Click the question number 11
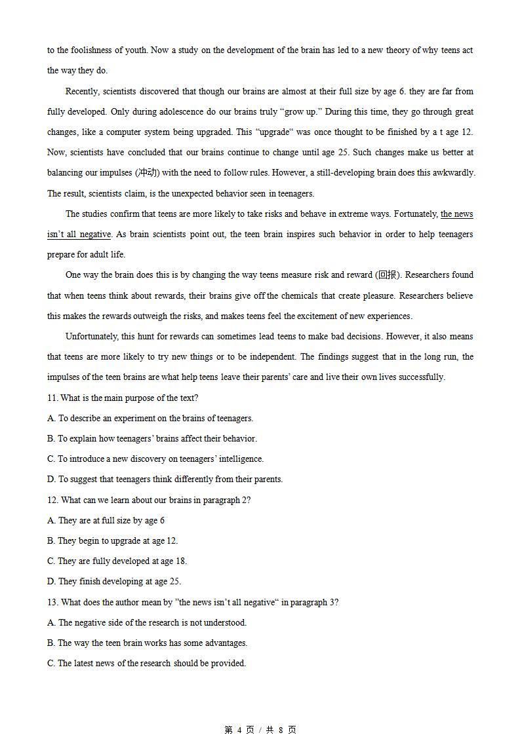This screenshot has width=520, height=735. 52,398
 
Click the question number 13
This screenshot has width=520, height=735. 52,602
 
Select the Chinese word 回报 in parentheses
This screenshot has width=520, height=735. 388,275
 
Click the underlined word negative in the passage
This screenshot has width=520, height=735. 95,235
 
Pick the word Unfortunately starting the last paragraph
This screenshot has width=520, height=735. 93,336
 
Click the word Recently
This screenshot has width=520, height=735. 83,91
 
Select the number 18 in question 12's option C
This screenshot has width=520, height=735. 181,561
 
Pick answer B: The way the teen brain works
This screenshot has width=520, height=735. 147,643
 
